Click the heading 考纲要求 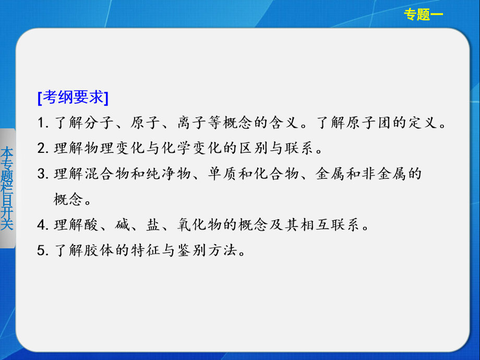pos(73,98)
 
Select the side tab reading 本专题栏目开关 pos(7,188)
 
